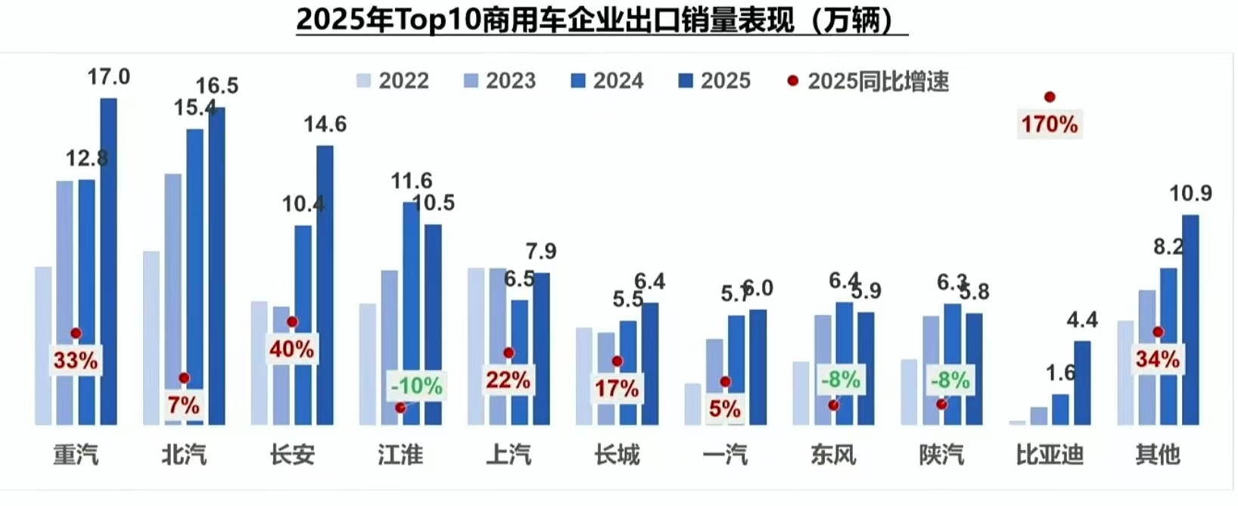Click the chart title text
(602, 20)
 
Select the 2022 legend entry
(393, 81)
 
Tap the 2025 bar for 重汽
(109, 261)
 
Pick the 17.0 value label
(108, 76)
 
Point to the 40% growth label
(291, 349)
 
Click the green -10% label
(416, 386)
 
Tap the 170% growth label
(1049, 124)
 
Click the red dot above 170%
(1049, 97)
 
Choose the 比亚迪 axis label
(1049, 455)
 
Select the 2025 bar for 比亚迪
(1082, 383)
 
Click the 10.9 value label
(1190, 194)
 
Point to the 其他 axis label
(1157, 455)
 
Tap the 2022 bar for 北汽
(151, 337)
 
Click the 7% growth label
(184, 405)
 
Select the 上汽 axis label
(509, 455)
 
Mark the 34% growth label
(1157, 359)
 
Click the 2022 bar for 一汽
(692, 404)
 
